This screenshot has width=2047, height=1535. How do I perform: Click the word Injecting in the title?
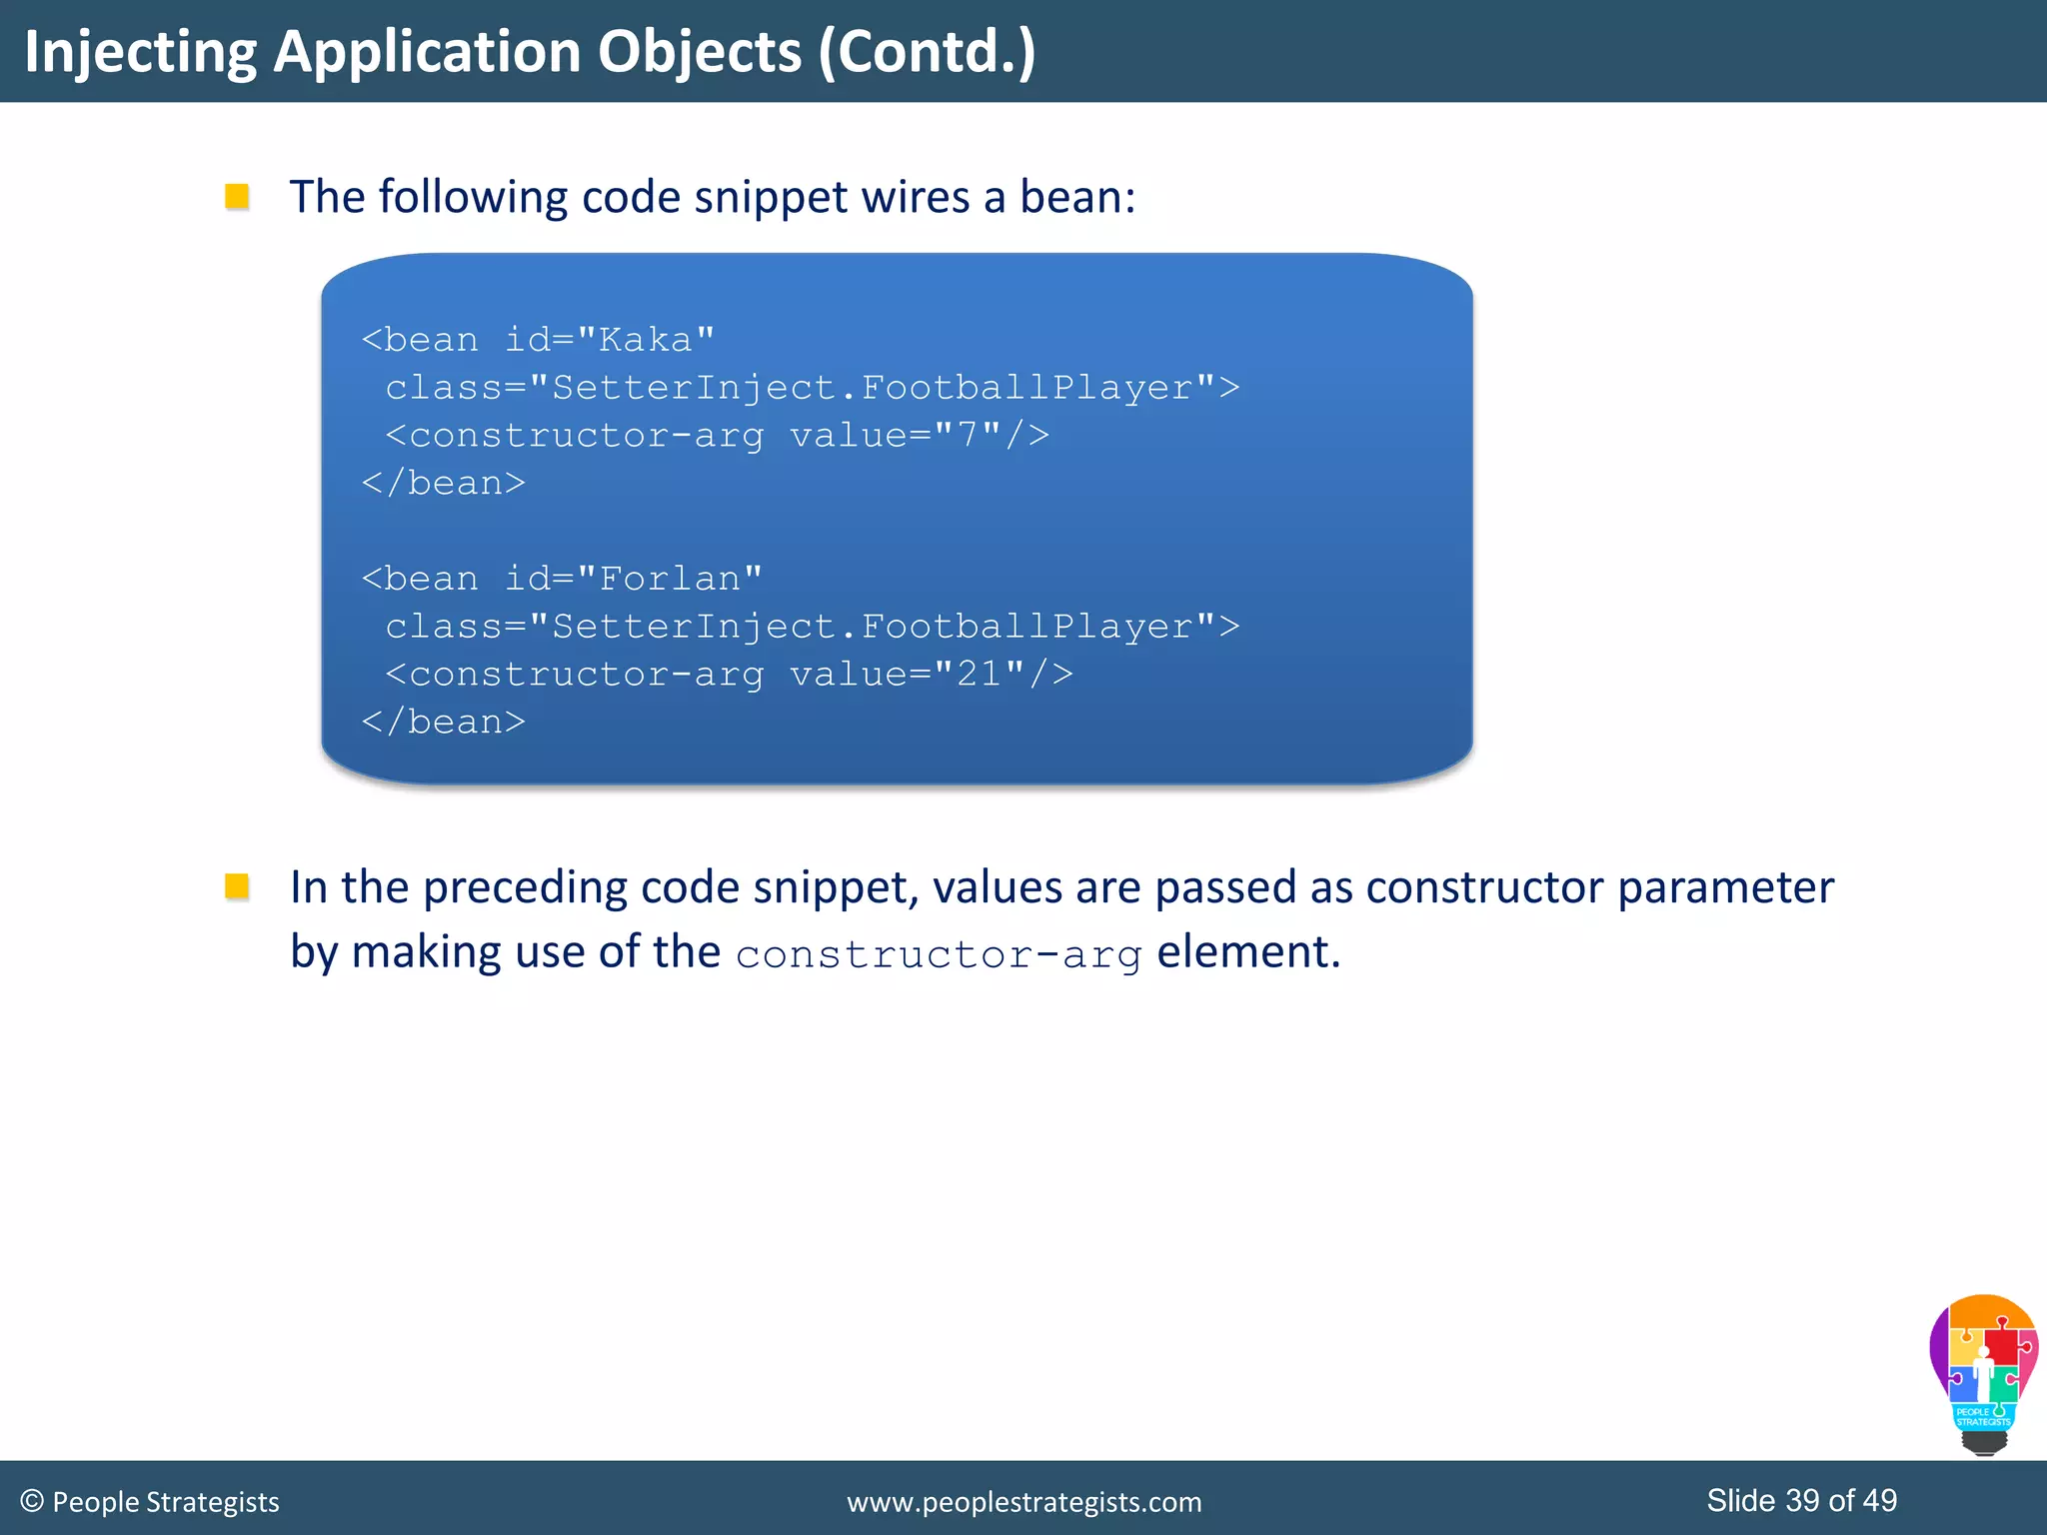(x=140, y=52)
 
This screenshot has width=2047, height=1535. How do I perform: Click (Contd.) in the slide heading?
(x=927, y=52)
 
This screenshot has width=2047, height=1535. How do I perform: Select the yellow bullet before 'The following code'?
(x=237, y=196)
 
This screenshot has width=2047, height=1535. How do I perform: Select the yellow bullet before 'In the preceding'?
(x=237, y=886)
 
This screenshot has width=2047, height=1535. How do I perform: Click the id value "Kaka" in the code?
(x=646, y=340)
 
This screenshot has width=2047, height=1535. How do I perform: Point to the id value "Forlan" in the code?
(x=669, y=579)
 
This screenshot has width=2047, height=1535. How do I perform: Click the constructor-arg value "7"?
(x=966, y=435)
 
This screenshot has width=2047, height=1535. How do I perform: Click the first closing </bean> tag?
(x=444, y=483)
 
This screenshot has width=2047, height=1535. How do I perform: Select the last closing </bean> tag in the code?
(x=444, y=722)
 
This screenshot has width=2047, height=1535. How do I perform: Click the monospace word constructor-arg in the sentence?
(x=939, y=954)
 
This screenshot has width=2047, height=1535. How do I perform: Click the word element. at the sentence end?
(x=1248, y=951)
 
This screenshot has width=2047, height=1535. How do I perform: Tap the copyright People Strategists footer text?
(x=150, y=1502)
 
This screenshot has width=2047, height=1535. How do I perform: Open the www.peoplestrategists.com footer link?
(x=1023, y=1502)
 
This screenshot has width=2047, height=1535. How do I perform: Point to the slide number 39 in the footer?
(x=1802, y=1500)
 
